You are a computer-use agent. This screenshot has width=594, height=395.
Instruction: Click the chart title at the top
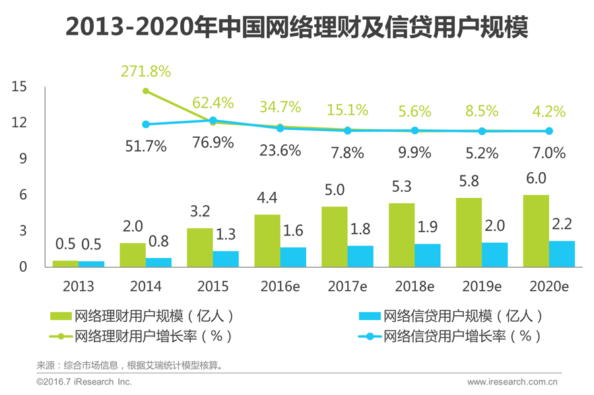point(297,28)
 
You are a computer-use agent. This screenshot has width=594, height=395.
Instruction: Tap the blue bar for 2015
point(226,258)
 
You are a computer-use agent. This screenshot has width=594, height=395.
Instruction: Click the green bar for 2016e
point(267,241)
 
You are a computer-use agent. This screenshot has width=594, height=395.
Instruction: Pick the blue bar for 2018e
point(428,255)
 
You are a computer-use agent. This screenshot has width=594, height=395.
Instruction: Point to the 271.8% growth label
point(145,71)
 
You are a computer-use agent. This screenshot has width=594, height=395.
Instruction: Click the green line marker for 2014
point(146,91)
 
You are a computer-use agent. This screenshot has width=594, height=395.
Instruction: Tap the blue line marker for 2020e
point(548,131)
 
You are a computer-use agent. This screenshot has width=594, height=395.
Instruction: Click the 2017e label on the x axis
point(346,286)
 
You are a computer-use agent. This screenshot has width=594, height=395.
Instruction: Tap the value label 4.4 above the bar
point(267,197)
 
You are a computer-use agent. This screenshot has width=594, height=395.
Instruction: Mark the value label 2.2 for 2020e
point(562,224)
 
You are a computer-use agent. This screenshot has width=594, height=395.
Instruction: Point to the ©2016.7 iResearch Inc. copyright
point(84,382)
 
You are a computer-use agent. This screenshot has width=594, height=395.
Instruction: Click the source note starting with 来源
point(129,365)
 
